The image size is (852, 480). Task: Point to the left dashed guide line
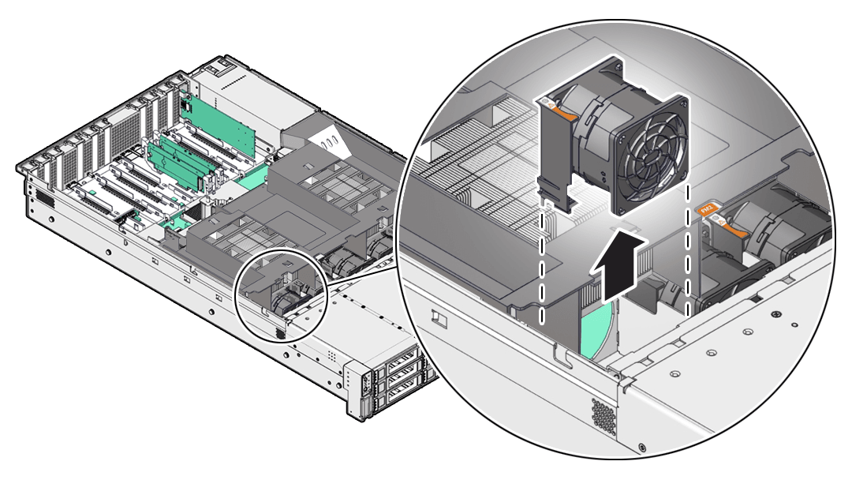click(543, 261)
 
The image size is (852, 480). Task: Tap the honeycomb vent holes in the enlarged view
click(604, 414)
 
